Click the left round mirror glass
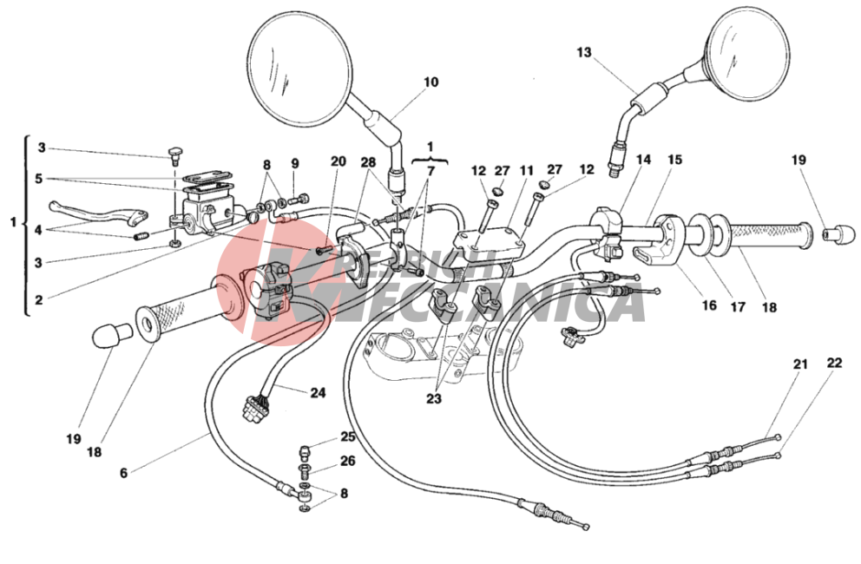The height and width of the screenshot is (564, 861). pos(299,62)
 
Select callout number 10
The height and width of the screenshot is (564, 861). pos(431,82)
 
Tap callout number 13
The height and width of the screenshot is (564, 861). pos(584,53)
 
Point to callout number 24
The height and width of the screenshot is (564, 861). pos(318,392)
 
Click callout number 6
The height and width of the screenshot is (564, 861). pos(123,473)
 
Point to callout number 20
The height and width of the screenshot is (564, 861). pos(338,161)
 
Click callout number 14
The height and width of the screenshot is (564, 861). pos(643,160)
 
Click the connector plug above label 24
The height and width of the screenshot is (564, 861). pos(255,409)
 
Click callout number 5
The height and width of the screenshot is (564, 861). pos(38,180)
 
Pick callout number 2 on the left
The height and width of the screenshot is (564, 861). pos(38,300)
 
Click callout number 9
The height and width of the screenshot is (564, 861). pos(295,163)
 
